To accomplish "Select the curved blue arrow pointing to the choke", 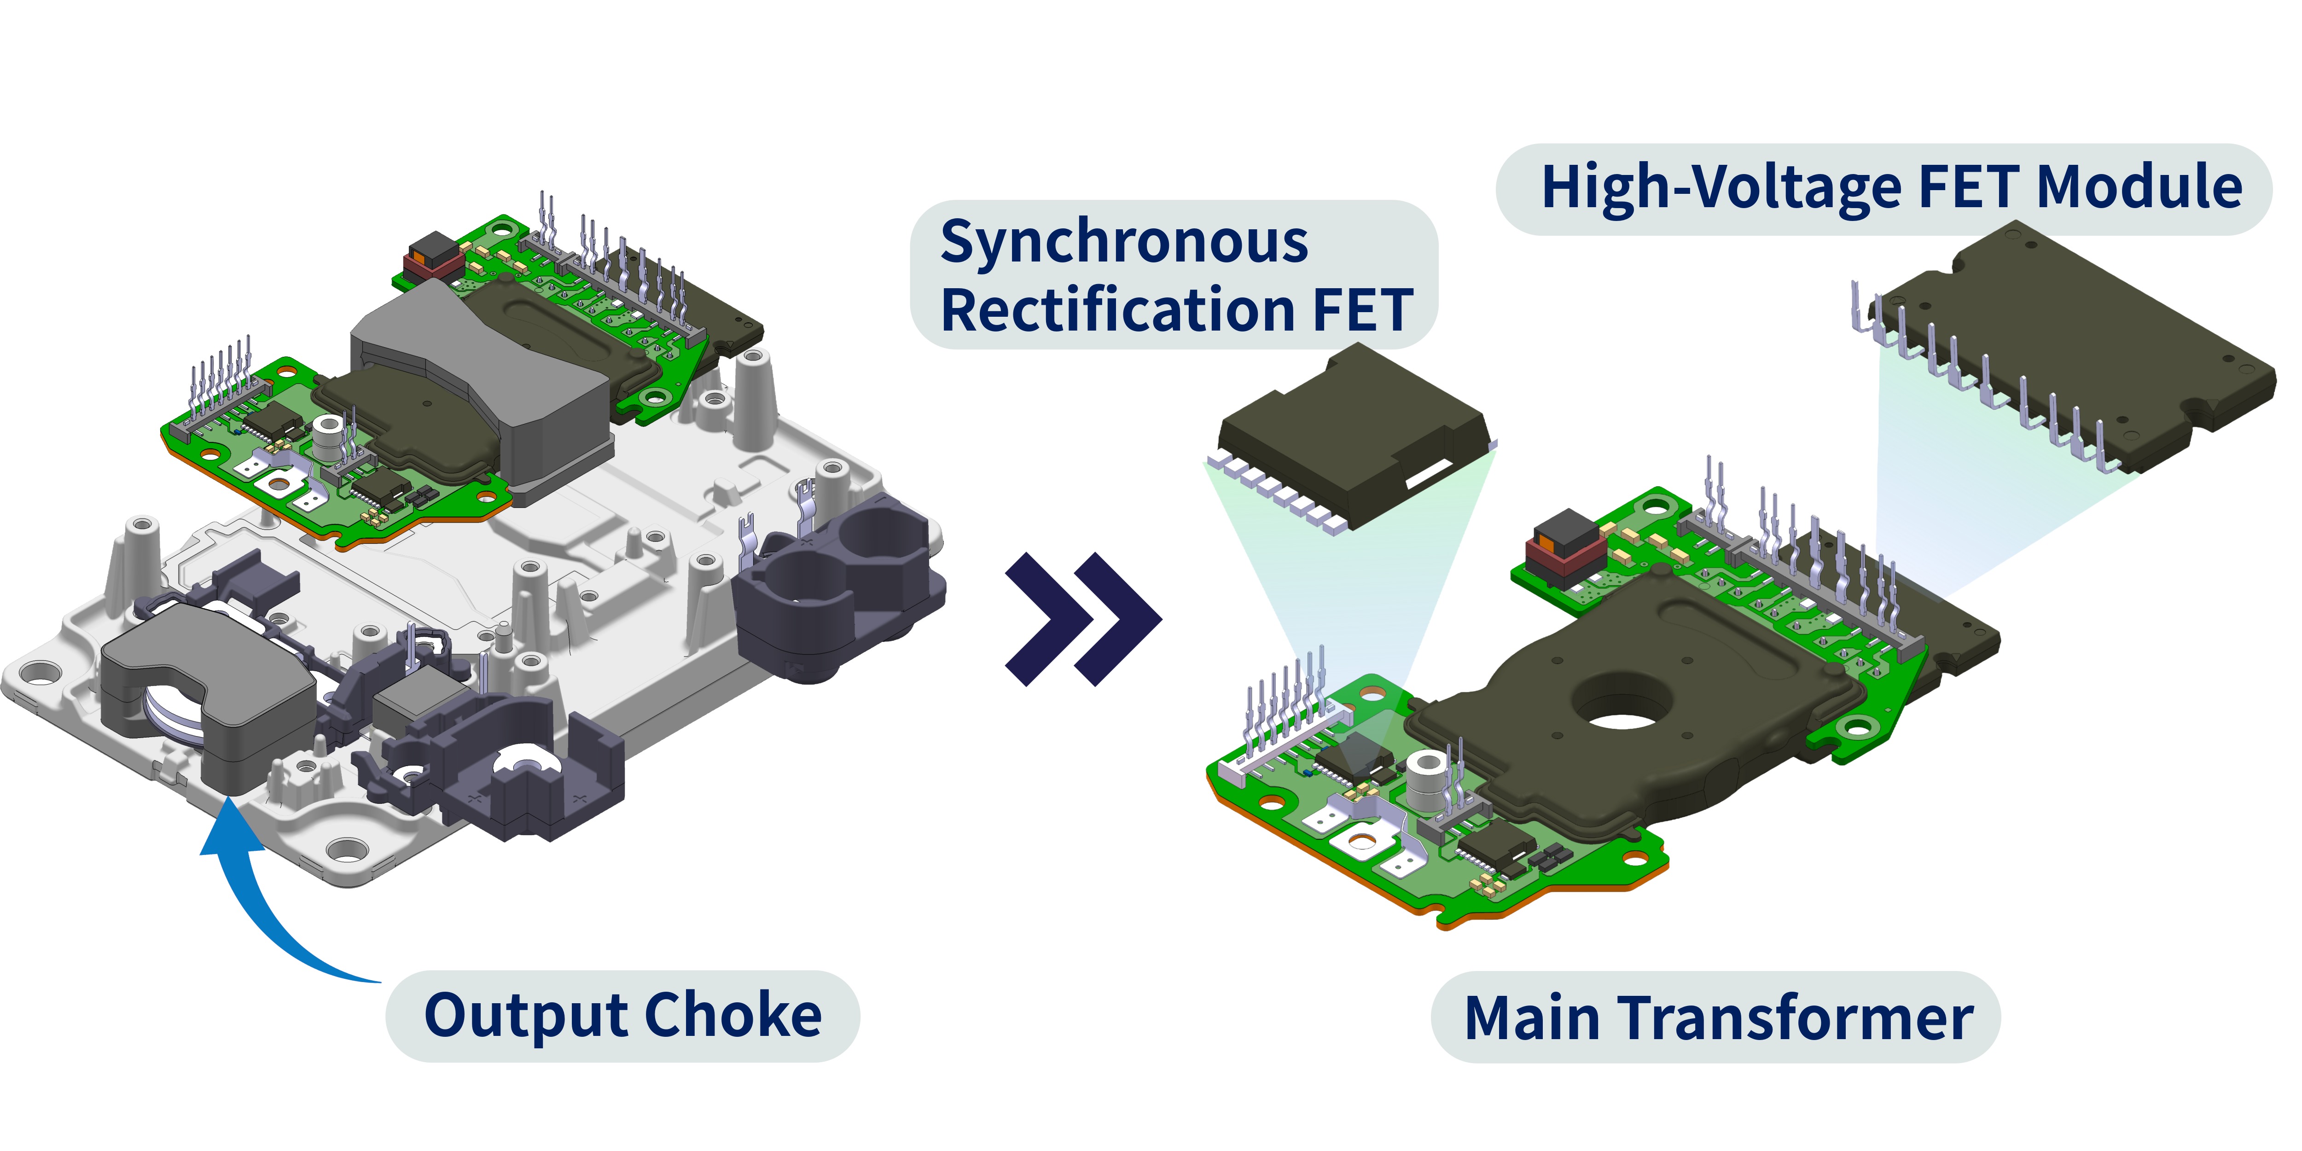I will click(259, 902).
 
